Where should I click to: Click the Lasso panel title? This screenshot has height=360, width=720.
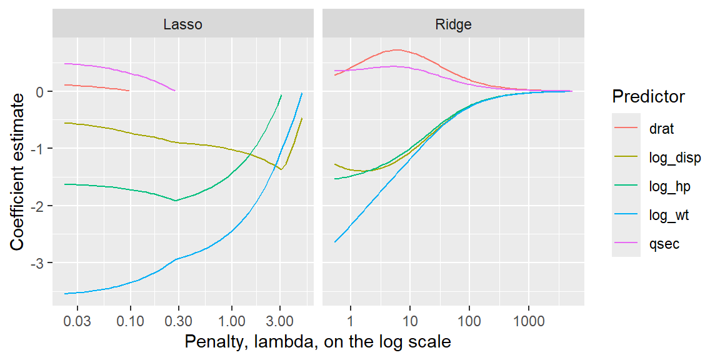(182, 24)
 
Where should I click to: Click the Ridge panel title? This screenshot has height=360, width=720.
(453, 24)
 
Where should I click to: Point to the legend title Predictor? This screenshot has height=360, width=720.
(648, 97)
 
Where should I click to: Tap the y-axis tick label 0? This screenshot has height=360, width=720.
(41, 91)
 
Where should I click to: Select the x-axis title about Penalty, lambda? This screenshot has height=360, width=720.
(317, 342)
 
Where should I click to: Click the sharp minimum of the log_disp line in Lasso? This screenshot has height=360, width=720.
(281, 169)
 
